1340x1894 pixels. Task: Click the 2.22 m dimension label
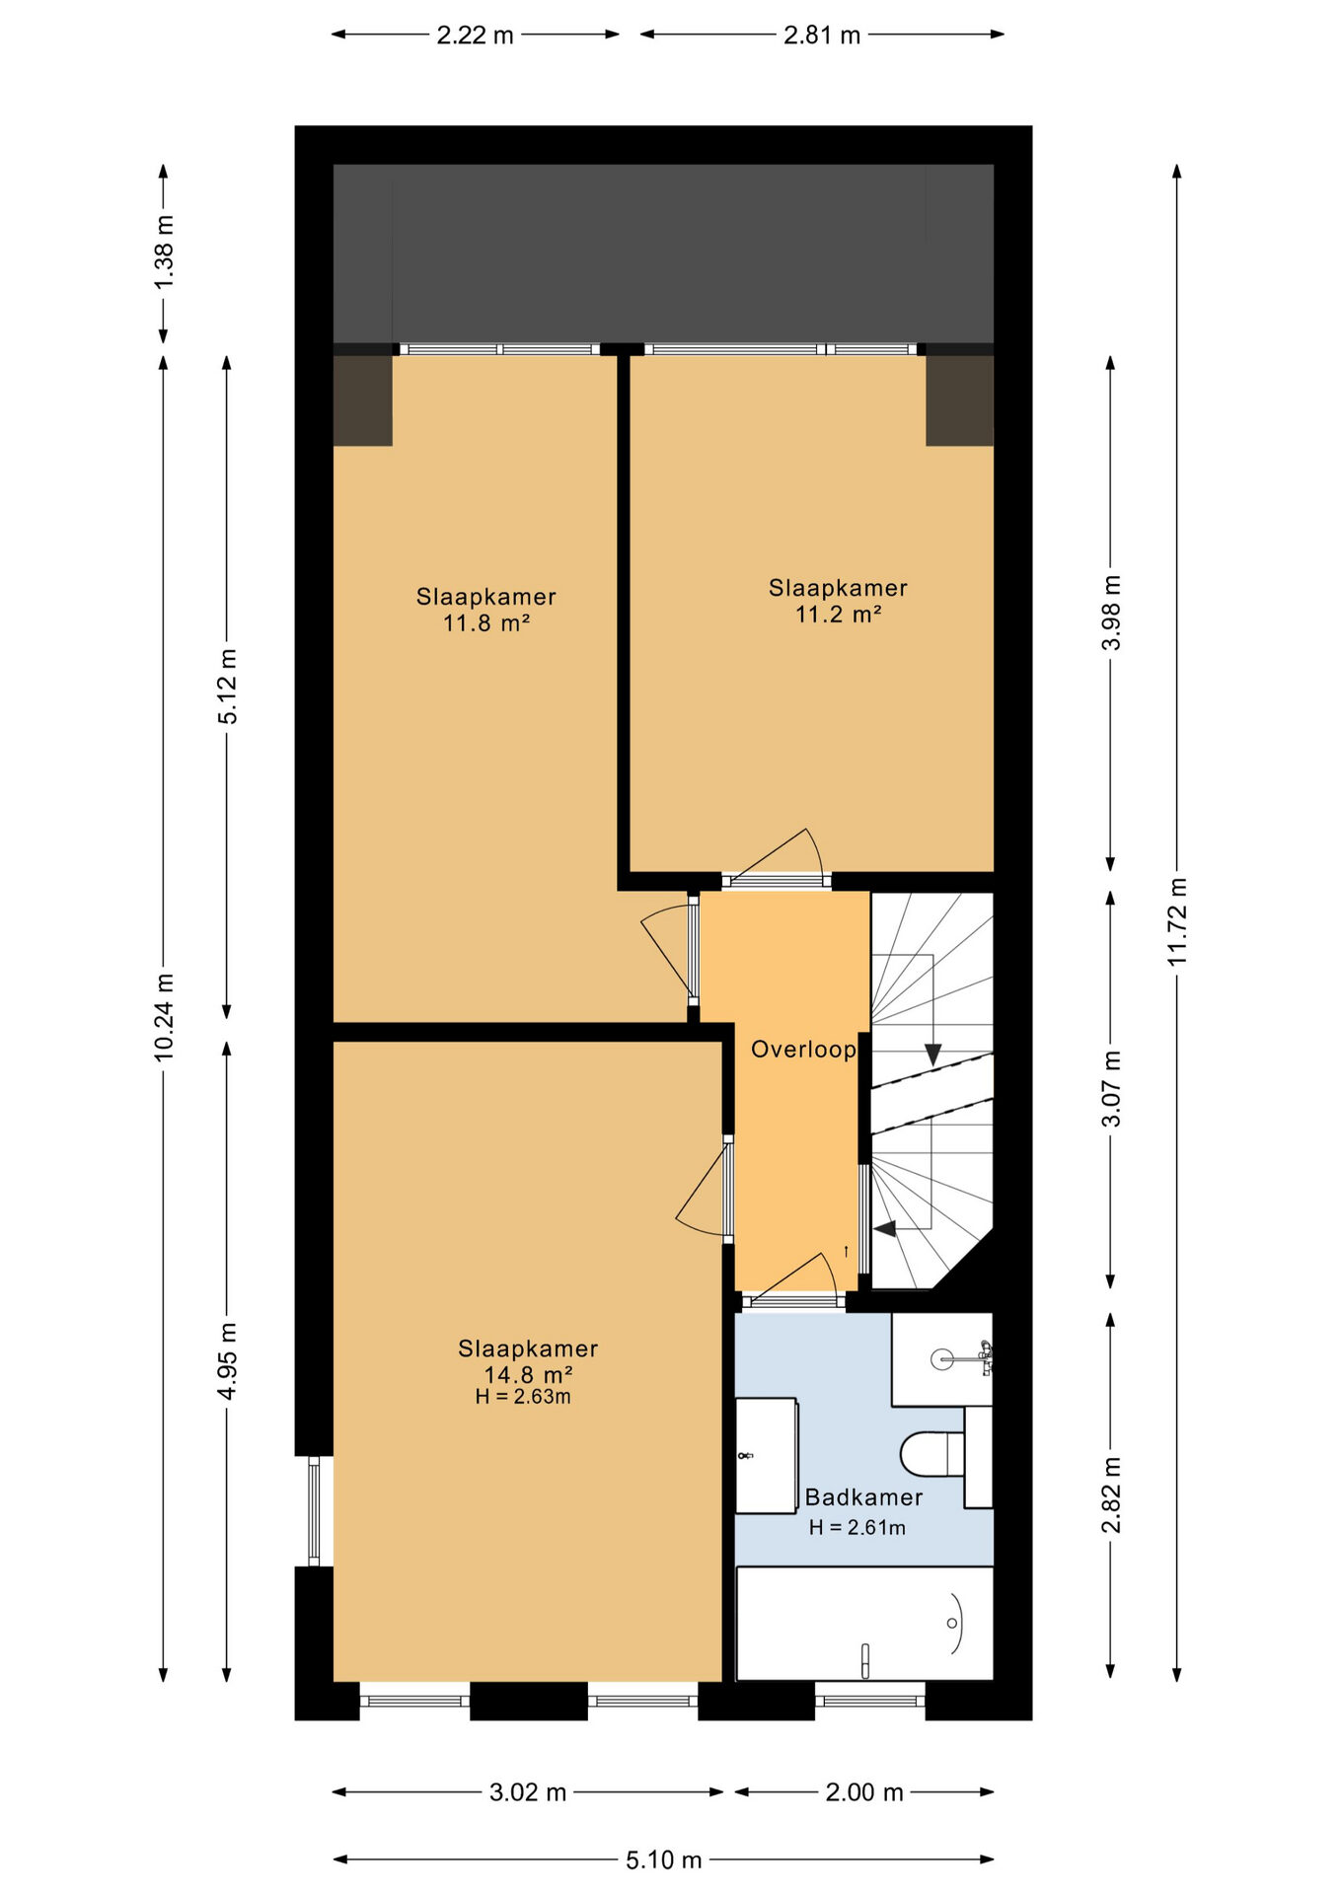[475, 36]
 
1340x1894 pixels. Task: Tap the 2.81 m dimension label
[822, 36]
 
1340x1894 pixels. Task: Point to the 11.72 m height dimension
[1177, 921]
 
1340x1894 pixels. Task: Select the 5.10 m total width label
[664, 1859]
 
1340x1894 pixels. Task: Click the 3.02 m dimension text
[528, 1791]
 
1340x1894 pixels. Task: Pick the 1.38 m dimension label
[164, 254]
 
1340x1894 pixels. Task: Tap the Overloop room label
[803, 1049]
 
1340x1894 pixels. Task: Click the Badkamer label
[864, 1496]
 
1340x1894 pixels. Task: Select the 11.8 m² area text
[486, 623]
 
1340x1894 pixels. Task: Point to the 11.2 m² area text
[839, 615]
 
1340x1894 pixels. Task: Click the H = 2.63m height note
[523, 1397]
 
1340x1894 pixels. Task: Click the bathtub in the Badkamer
[864, 1624]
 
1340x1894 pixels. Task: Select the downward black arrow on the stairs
[932, 1054]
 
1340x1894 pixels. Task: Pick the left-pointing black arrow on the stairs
[885, 1229]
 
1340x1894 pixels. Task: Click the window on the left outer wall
[314, 1511]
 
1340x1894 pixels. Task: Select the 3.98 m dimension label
[1111, 613]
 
